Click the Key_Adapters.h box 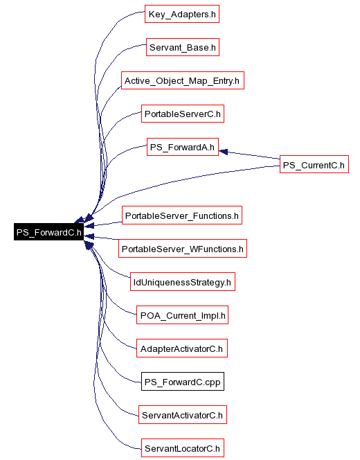point(182,14)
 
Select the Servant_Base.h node point(183,47)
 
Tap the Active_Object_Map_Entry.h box point(183,80)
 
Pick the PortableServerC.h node point(183,114)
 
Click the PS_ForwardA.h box point(183,147)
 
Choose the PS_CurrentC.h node point(314,164)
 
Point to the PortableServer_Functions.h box point(182,215)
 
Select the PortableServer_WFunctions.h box point(183,249)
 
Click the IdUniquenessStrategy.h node point(183,282)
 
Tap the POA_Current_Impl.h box point(182,315)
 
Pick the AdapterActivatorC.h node point(182,348)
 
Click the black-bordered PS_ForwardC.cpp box point(183,382)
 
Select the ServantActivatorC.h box point(183,415)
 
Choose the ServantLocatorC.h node point(183,448)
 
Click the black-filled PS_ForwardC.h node point(48,232)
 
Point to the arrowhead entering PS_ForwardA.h point(224,152)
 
